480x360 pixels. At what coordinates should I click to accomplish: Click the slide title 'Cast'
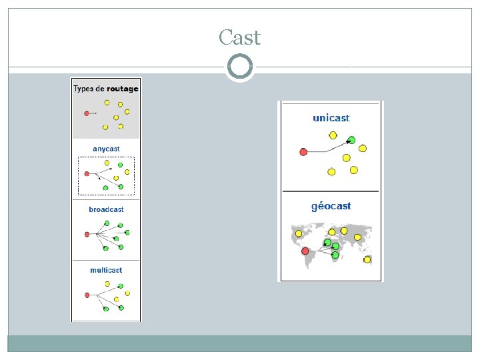(x=239, y=38)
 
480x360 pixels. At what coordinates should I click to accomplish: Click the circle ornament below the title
(x=239, y=67)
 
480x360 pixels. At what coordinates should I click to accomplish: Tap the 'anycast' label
(x=106, y=149)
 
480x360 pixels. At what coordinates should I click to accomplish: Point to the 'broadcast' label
(x=106, y=209)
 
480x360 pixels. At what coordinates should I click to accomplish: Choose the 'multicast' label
(x=106, y=270)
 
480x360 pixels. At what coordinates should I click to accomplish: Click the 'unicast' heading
(x=331, y=118)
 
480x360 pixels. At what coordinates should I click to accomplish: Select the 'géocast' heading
(x=331, y=206)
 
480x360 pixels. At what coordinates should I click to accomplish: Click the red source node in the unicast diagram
(x=303, y=152)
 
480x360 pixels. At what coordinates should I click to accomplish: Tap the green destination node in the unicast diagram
(x=351, y=140)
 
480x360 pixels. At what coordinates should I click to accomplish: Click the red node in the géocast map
(x=305, y=251)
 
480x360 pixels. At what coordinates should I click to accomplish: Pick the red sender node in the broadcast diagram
(x=87, y=234)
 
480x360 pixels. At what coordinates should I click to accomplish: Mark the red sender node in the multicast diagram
(x=87, y=295)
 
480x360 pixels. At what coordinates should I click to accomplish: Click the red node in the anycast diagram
(x=87, y=173)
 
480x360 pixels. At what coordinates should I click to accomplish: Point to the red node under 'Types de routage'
(x=87, y=113)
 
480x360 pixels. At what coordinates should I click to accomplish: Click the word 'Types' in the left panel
(x=83, y=89)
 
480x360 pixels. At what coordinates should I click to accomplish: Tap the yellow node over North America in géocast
(x=297, y=233)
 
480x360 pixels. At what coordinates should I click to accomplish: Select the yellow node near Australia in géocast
(x=367, y=259)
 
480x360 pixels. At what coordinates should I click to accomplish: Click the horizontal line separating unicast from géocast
(x=331, y=191)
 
